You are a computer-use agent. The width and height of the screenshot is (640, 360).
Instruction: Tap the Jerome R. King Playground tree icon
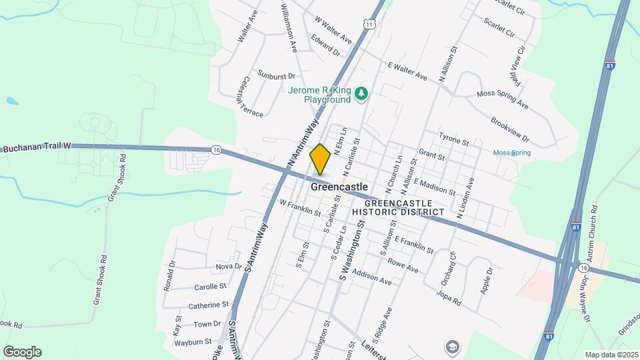click(x=361, y=93)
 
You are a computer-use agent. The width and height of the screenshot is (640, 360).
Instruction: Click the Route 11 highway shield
click(x=369, y=24)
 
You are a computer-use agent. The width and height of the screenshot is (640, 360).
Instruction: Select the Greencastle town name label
click(x=339, y=187)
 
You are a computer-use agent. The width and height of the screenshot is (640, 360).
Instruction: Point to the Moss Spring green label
click(x=512, y=153)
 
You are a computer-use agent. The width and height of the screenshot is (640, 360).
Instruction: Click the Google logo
click(x=22, y=351)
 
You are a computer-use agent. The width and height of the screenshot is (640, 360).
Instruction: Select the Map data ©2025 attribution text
click(x=611, y=355)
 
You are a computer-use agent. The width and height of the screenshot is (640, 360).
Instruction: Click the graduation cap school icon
click(x=452, y=347)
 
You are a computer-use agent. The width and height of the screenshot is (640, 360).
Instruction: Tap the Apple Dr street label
click(x=487, y=281)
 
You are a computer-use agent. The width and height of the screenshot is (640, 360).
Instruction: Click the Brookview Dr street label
click(x=509, y=129)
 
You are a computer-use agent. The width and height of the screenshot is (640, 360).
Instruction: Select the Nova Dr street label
click(x=229, y=266)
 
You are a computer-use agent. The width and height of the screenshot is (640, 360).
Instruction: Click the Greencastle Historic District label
click(x=398, y=207)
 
